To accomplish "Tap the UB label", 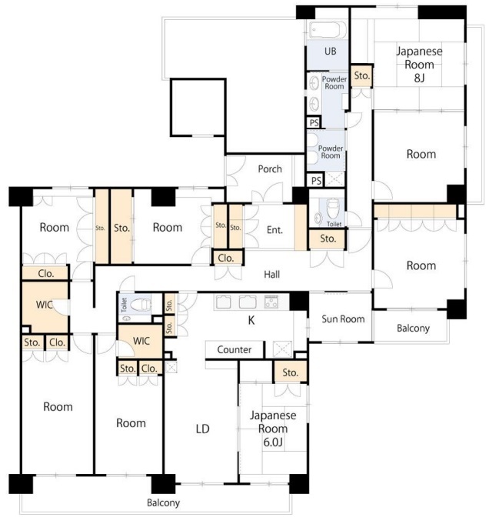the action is click(x=331, y=51).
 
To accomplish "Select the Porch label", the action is click(x=270, y=169).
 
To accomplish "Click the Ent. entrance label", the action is click(x=274, y=230).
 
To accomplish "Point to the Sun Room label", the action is click(x=343, y=319).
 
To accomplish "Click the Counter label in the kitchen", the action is click(x=235, y=349).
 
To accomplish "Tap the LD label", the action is click(x=202, y=429).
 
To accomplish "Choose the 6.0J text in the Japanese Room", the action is click(x=273, y=442).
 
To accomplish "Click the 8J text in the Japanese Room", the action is click(x=419, y=78).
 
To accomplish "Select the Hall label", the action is click(x=272, y=275).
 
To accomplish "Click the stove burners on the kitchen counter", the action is click(x=271, y=302).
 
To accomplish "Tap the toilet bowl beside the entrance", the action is click(x=332, y=209).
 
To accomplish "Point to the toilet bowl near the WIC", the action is click(x=140, y=305).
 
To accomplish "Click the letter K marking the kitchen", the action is click(x=251, y=321).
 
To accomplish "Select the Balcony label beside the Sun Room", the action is click(x=413, y=329).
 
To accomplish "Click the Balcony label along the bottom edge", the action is click(x=163, y=502).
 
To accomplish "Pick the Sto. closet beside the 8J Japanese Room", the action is click(x=361, y=76).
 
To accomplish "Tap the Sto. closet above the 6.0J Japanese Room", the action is click(x=290, y=372).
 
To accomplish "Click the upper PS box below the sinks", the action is click(x=314, y=122).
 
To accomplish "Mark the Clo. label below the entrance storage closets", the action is click(x=226, y=258).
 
